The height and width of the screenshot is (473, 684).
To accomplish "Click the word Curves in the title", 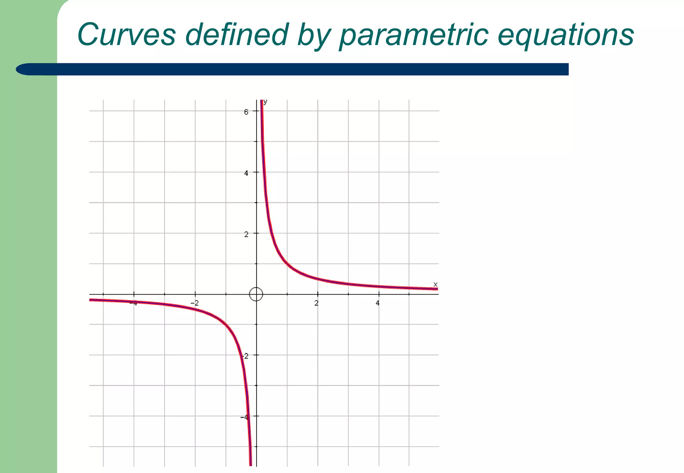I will point(126,35).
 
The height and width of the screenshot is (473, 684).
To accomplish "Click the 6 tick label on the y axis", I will point(246,112).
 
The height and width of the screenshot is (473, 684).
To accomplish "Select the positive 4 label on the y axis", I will point(246,173).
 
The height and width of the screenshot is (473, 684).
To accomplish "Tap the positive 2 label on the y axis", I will point(246,234).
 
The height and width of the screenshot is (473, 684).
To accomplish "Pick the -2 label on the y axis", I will point(245,356).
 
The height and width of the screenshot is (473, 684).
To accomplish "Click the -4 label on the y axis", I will point(244,417).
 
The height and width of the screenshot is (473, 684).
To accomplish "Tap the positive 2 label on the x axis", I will point(316,303).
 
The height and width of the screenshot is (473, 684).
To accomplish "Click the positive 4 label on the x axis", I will point(377,303).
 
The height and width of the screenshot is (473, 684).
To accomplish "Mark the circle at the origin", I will point(256,294).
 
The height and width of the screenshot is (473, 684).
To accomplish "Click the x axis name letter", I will point(435,285).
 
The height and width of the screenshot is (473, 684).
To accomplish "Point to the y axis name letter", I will point(265,102).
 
